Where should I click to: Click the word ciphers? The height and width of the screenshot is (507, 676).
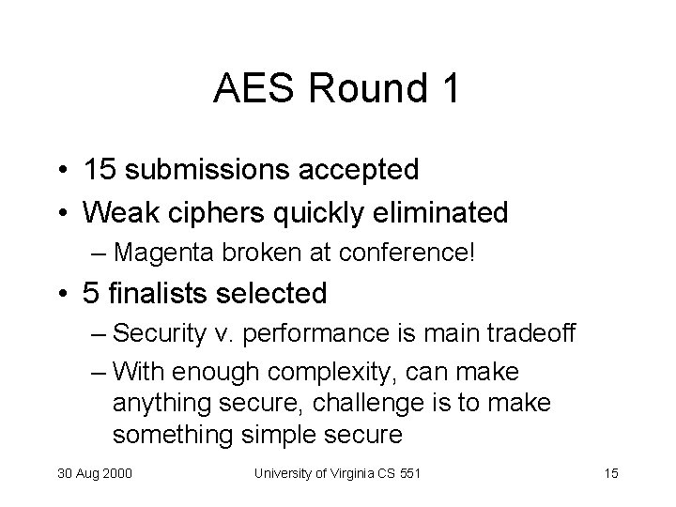click(204, 212)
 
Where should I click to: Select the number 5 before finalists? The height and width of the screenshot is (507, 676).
click(90, 294)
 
